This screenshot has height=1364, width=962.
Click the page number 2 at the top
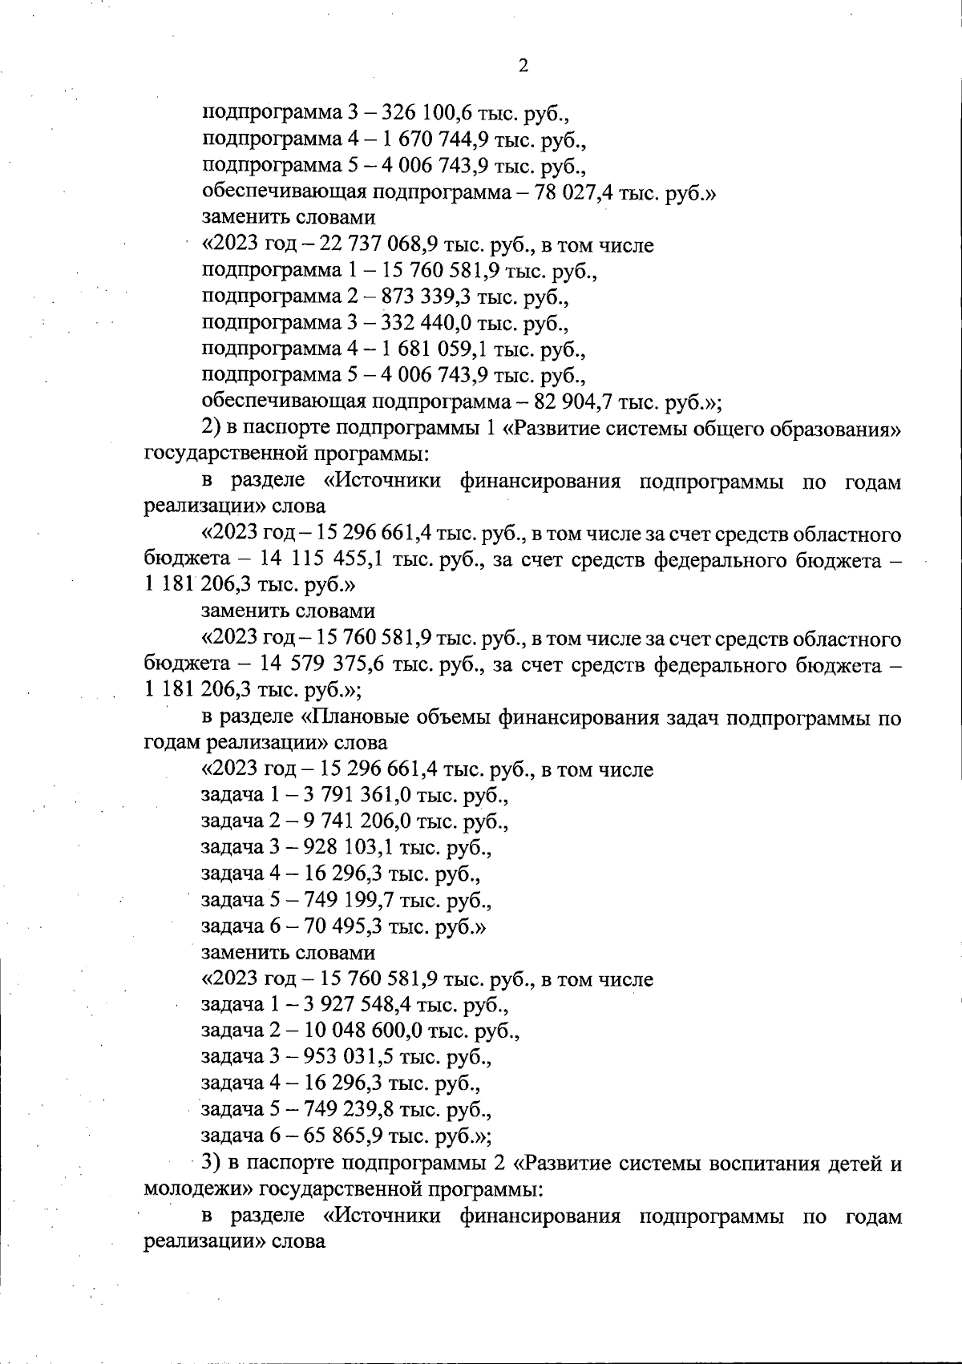coord(523,67)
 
